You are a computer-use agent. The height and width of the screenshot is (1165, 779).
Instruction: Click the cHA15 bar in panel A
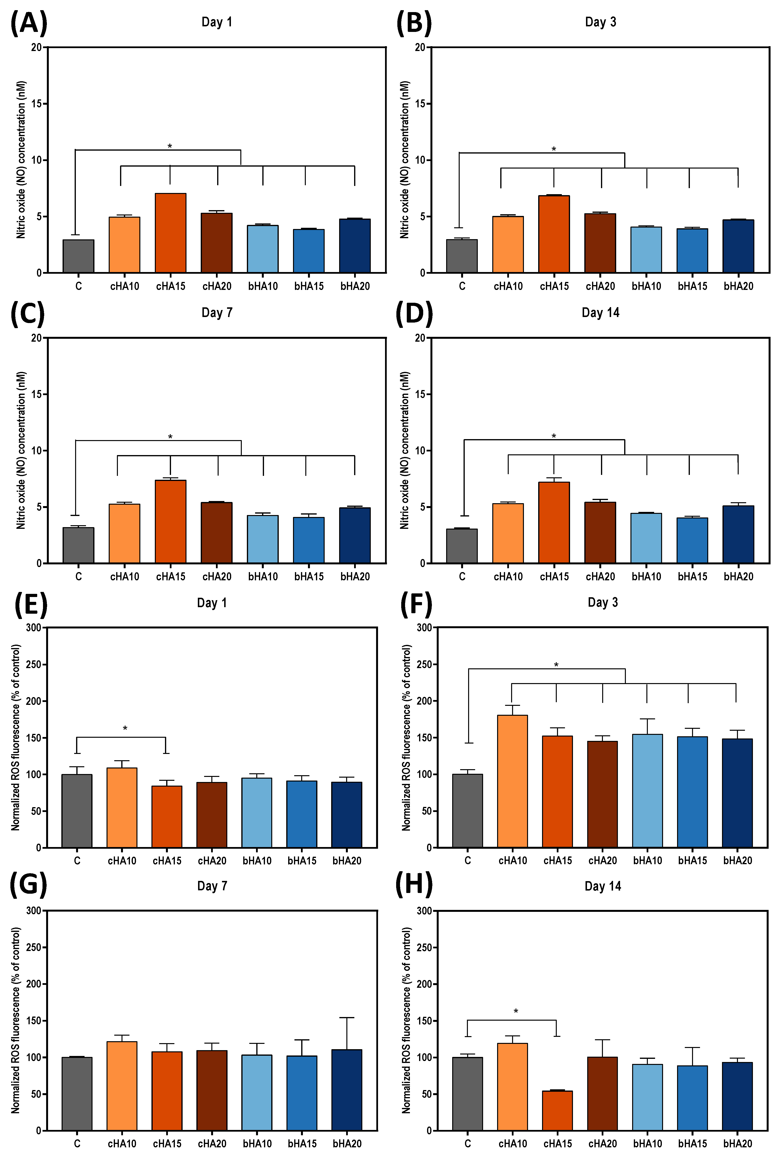[170, 233]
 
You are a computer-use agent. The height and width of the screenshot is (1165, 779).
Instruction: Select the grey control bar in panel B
[462, 256]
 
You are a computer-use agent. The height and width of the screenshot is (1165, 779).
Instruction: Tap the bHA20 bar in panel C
[355, 536]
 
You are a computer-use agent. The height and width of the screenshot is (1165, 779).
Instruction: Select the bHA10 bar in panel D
[646, 538]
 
